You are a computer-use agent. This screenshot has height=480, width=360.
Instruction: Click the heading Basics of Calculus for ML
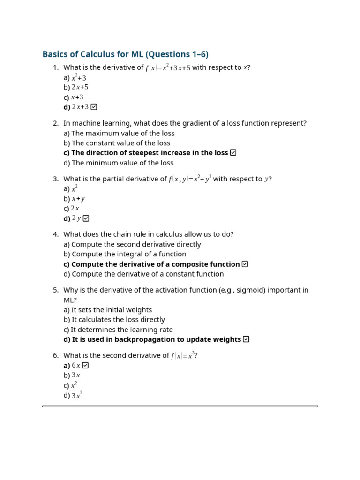(x=125, y=54)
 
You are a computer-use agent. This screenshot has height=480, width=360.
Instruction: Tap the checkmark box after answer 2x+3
(x=94, y=107)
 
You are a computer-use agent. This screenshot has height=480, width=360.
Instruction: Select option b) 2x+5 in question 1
(x=76, y=87)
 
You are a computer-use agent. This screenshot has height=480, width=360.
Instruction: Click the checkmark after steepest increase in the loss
(x=233, y=152)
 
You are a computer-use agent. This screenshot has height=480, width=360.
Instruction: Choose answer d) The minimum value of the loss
(x=119, y=163)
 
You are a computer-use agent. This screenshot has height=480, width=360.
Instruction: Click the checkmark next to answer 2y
(x=86, y=218)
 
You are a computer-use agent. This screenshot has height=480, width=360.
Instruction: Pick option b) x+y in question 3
(x=74, y=199)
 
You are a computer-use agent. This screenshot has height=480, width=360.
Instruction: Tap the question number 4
(x=56, y=234)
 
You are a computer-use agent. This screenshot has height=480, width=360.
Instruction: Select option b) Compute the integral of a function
(x=125, y=254)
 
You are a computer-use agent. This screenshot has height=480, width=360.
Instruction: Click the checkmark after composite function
(x=245, y=264)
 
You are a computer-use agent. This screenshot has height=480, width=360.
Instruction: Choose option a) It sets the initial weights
(x=108, y=310)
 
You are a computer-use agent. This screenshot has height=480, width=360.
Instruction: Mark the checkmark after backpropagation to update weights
(x=247, y=339)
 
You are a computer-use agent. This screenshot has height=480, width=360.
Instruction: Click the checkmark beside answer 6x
(x=85, y=365)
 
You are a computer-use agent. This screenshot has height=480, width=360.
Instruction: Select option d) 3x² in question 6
(x=73, y=395)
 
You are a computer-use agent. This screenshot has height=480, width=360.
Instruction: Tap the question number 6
(x=56, y=356)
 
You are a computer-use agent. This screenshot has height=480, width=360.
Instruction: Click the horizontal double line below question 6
(x=180, y=406)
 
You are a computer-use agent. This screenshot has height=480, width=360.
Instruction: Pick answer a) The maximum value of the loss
(x=119, y=133)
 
